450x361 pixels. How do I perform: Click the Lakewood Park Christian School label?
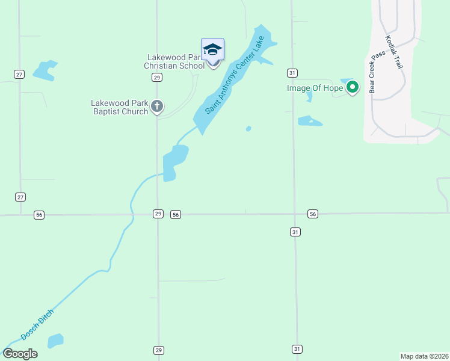click(x=175, y=61)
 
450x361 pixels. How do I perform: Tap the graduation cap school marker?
click(x=212, y=49)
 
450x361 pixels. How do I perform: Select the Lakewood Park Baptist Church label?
click(x=119, y=107)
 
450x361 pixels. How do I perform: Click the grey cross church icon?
click(x=157, y=107)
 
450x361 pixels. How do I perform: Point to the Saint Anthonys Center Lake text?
click(x=234, y=75)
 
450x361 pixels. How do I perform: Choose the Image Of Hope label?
click(x=314, y=88)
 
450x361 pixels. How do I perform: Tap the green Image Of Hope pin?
click(x=353, y=88)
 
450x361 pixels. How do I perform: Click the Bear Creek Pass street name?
click(x=377, y=71)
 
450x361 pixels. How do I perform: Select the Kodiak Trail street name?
click(x=395, y=52)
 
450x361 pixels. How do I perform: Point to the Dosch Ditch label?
click(x=37, y=325)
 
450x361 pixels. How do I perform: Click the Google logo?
click(x=20, y=354)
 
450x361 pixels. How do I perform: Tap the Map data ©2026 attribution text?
click(x=424, y=356)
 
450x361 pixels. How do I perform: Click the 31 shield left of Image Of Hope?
click(x=292, y=73)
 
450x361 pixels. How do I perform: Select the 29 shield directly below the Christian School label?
click(x=156, y=77)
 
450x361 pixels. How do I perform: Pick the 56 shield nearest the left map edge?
click(x=39, y=215)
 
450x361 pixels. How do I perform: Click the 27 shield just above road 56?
click(x=20, y=197)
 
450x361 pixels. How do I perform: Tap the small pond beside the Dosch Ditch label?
click(x=55, y=341)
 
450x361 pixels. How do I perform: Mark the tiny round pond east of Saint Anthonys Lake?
click(x=248, y=128)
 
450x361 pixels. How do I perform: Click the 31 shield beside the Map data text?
click(x=297, y=349)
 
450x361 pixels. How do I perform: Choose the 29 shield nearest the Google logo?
click(x=158, y=350)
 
